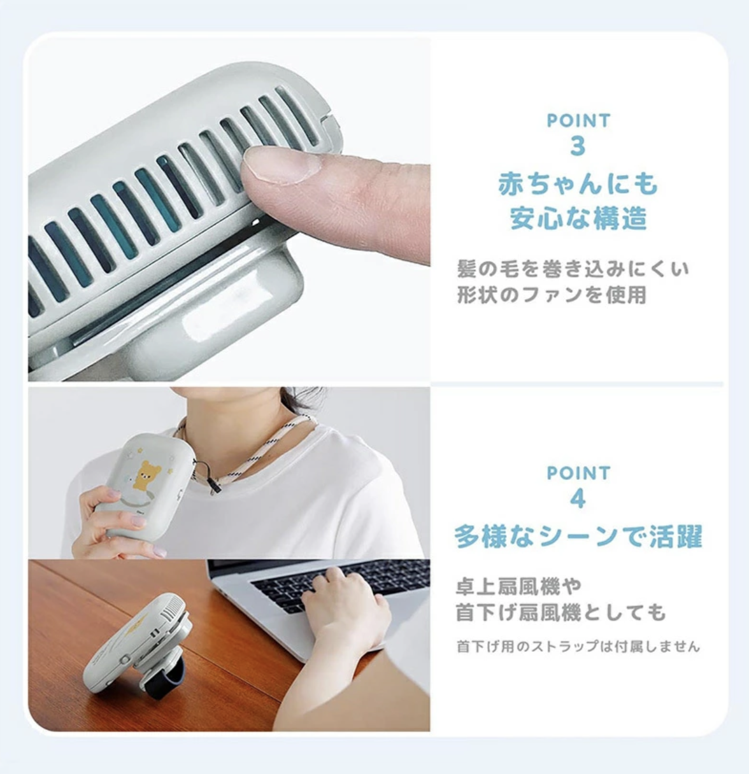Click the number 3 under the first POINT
(x=578, y=146)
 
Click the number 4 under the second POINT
(x=578, y=498)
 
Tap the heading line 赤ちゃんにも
(x=578, y=185)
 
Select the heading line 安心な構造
(x=578, y=218)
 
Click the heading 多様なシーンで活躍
(x=578, y=537)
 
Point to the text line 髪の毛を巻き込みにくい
(x=573, y=269)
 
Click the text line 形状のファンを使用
(x=552, y=295)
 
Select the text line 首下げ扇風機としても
(x=560, y=612)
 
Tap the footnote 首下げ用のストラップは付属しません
(x=578, y=647)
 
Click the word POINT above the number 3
(x=578, y=120)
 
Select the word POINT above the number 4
(x=578, y=473)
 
